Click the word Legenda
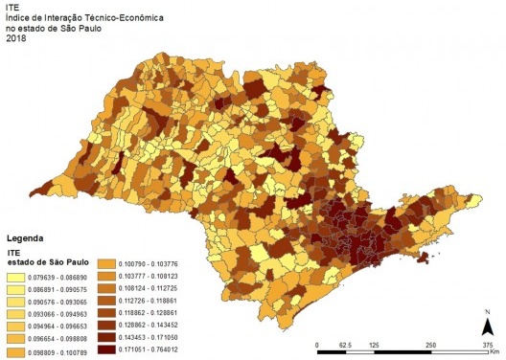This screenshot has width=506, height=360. (x=28, y=236)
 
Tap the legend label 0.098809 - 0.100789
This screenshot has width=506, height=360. (x=63, y=350)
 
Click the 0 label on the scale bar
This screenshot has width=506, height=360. (x=316, y=345)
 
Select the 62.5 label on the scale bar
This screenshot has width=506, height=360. (x=346, y=345)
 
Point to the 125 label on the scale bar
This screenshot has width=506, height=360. (x=375, y=345)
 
